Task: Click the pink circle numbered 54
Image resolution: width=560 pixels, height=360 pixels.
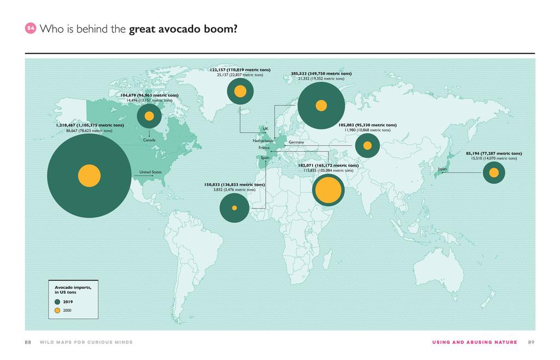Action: point(31,29)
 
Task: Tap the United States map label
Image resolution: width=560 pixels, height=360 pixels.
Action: point(150,172)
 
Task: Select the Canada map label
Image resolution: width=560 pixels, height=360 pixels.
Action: point(149,140)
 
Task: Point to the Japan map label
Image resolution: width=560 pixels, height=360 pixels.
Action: point(443,169)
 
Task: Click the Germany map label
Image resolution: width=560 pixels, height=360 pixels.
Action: point(296,142)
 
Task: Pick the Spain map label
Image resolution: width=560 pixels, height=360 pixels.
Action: point(265,157)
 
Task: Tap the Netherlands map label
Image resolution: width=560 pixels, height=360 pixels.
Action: point(262,141)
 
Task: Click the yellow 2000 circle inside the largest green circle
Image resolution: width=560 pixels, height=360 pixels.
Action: point(89,176)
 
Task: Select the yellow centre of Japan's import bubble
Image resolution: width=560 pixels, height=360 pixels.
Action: point(494,172)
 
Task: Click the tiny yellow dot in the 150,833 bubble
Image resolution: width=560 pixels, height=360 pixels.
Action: point(234,208)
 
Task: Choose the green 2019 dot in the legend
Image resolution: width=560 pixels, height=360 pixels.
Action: point(58,302)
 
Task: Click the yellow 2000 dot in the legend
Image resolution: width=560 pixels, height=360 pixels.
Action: point(58,311)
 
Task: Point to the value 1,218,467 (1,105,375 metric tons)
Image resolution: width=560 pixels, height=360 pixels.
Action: point(89,125)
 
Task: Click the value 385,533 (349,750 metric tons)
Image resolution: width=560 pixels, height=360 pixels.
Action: point(321,74)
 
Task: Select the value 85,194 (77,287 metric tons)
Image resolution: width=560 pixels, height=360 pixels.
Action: point(494,153)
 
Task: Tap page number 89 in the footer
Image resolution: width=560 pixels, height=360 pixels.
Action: point(531,342)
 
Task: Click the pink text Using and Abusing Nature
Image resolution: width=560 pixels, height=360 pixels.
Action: point(474,342)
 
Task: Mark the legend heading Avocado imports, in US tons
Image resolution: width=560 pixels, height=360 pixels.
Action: point(72,290)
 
